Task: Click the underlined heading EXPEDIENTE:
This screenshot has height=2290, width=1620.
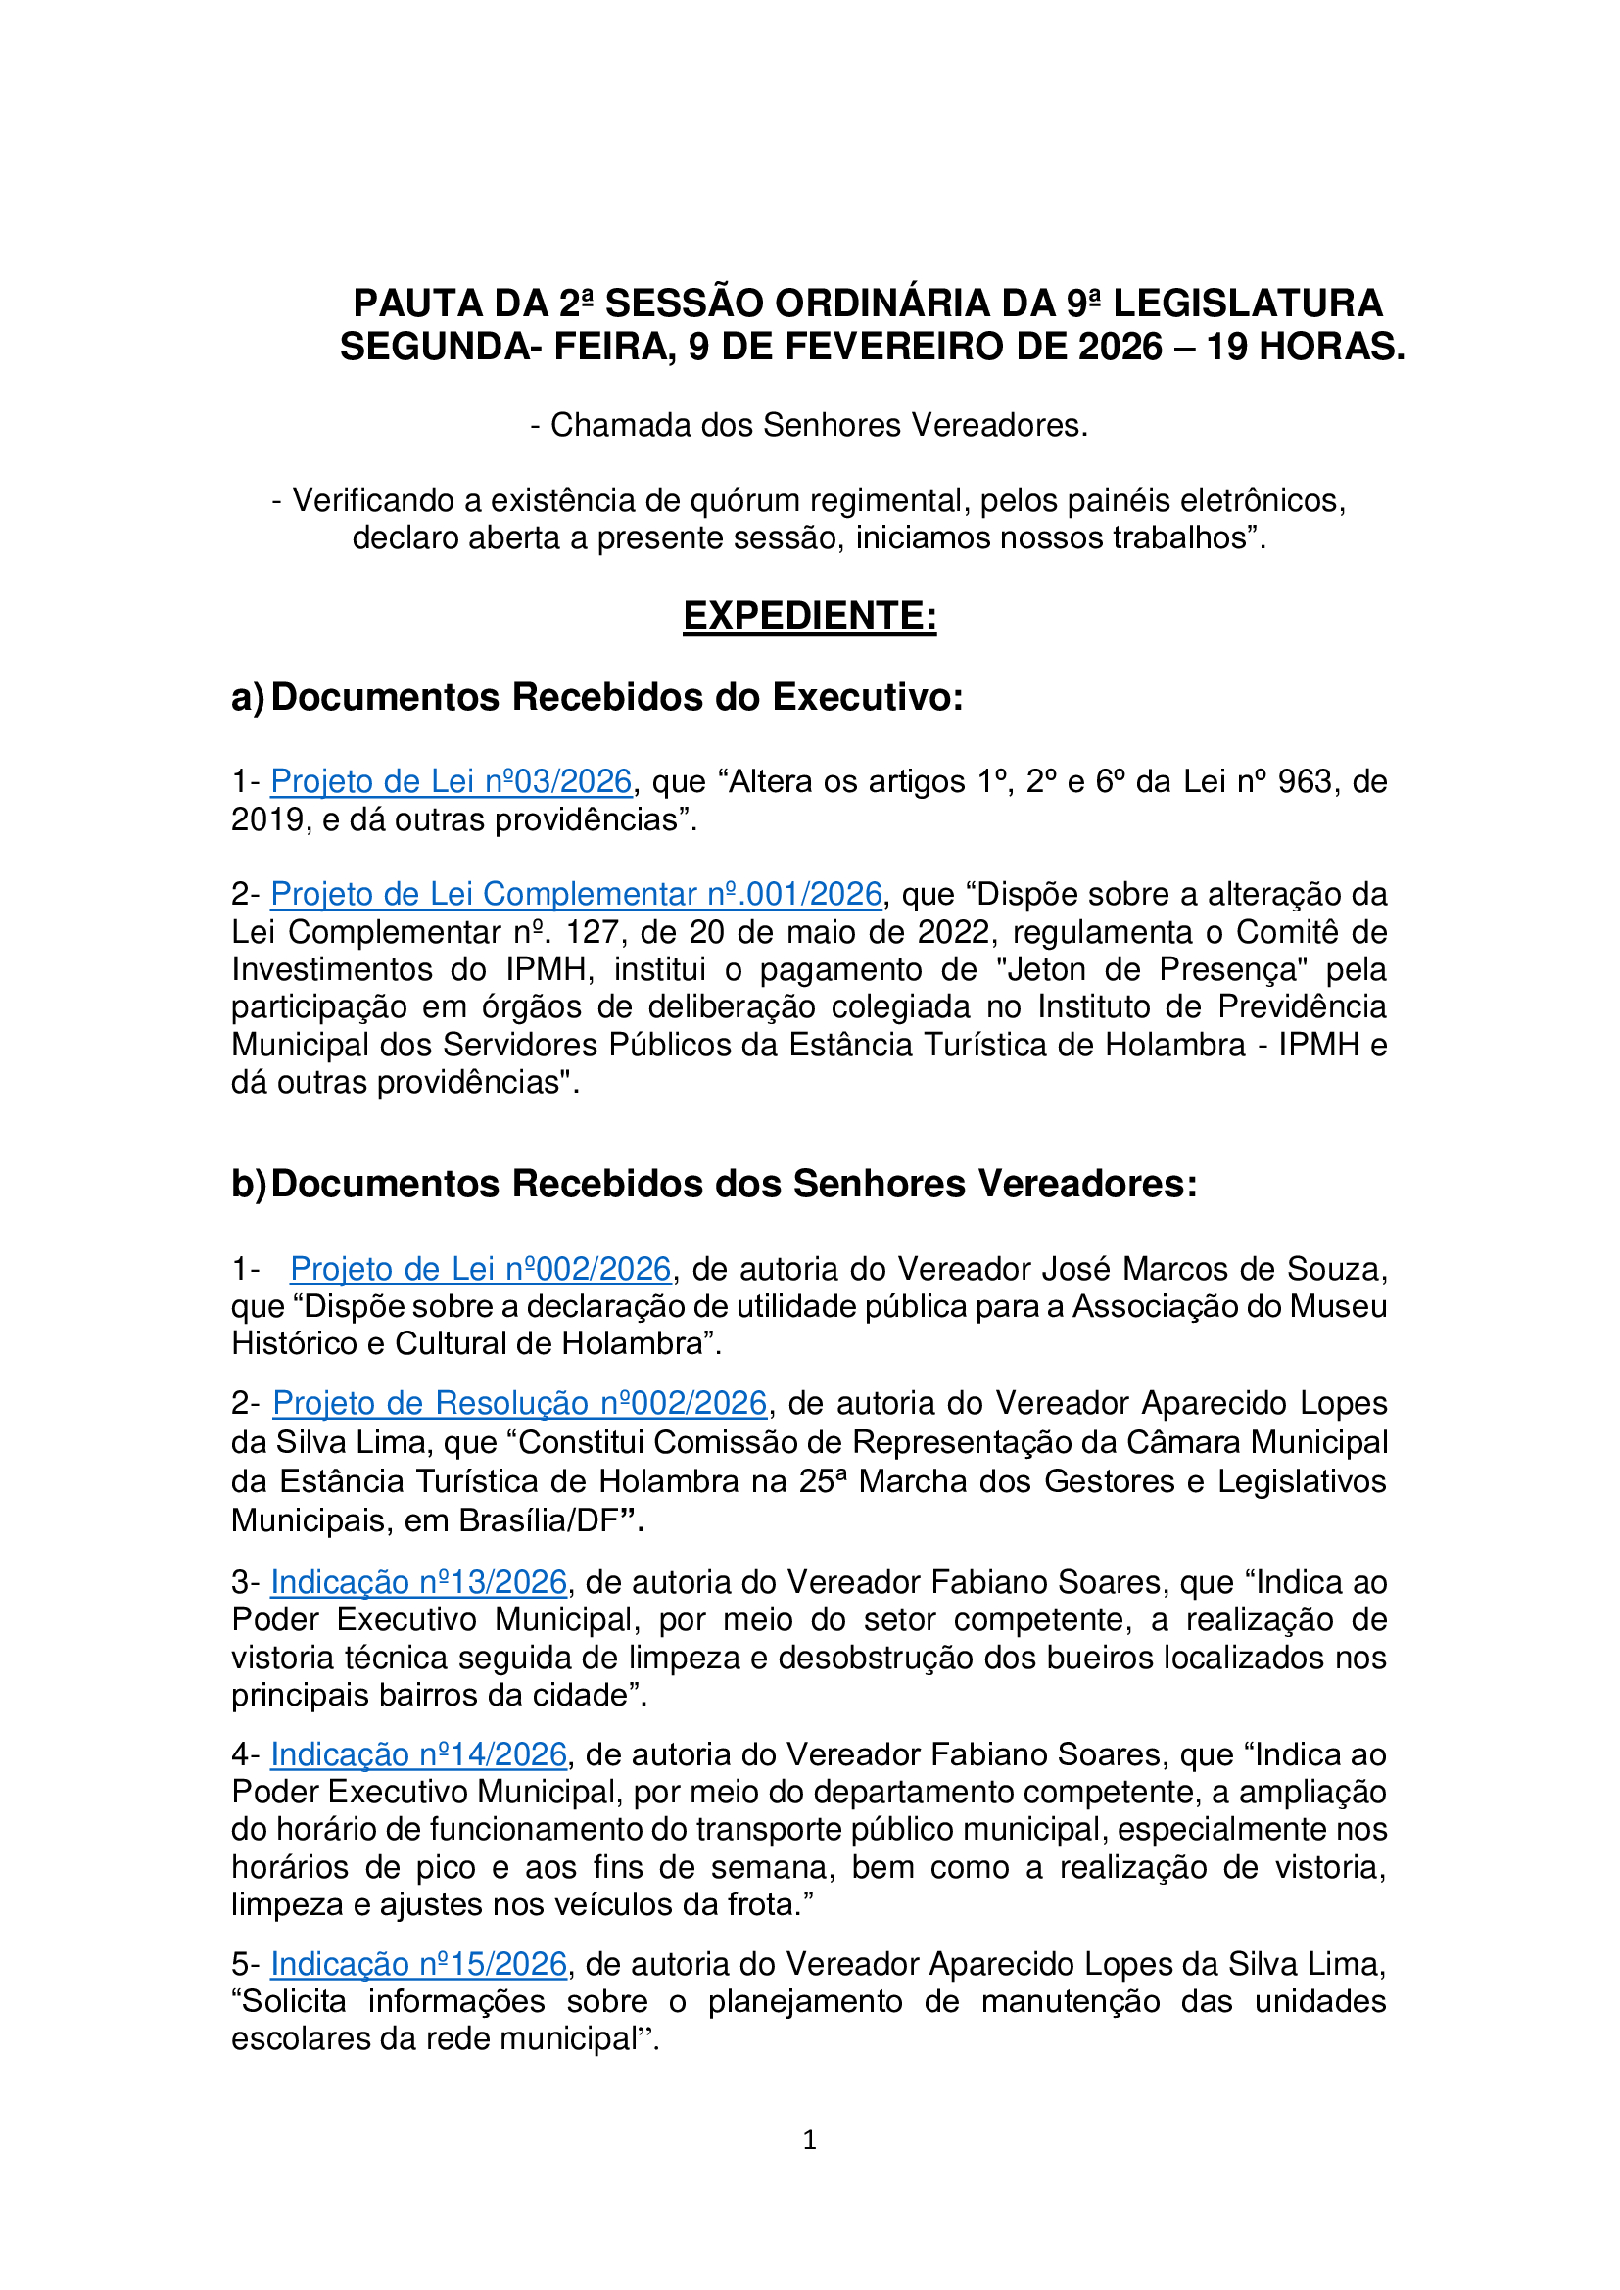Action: click(809, 616)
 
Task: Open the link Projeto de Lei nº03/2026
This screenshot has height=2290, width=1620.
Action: click(451, 781)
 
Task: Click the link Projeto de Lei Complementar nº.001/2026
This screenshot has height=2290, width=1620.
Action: click(577, 894)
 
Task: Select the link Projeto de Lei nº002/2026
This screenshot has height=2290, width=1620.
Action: click(480, 1269)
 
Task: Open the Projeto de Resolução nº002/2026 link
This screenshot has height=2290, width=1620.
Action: click(520, 1403)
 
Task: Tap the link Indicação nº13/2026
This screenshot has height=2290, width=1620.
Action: click(419, 1583)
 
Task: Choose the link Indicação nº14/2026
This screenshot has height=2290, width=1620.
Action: click(419, 1754)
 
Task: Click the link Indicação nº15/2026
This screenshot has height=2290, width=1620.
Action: click(419, 1964)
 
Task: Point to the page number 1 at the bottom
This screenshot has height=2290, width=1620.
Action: click(809, 2139)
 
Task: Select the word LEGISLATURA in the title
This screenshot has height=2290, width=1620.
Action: click(1248, 304)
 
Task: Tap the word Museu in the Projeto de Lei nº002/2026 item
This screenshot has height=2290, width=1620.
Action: click(1339, 1307)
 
